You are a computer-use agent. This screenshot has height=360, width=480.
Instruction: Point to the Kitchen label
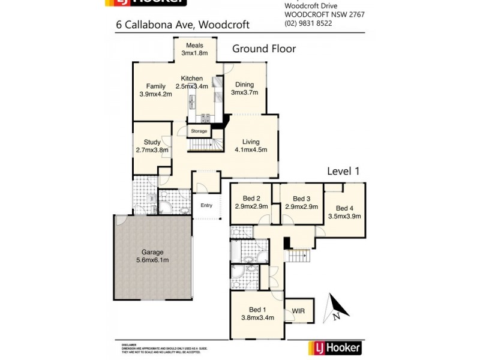[x=192, y=82]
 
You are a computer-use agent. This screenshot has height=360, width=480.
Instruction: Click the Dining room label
[x=244, y=88]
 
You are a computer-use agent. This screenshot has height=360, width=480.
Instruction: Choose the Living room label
[x=250, y=146]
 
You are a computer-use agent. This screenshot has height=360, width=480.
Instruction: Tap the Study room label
[x=152, y=146]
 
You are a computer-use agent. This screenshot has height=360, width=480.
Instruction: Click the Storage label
[x=199, y=131]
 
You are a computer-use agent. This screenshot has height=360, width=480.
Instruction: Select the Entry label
[x=206, y=206]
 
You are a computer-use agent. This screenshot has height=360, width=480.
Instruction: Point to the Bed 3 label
[x=301, y=203]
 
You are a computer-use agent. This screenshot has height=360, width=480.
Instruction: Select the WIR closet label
[x=298, y=312]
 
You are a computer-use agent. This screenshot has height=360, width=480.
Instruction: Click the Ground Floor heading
[x=264, y=49]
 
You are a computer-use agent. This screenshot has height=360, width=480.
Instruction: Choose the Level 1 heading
[x=343, y=171]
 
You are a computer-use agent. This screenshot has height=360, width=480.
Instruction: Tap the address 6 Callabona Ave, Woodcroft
[x=182, y=25]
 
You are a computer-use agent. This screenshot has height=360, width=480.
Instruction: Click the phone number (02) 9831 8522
[x=308, y=23]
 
